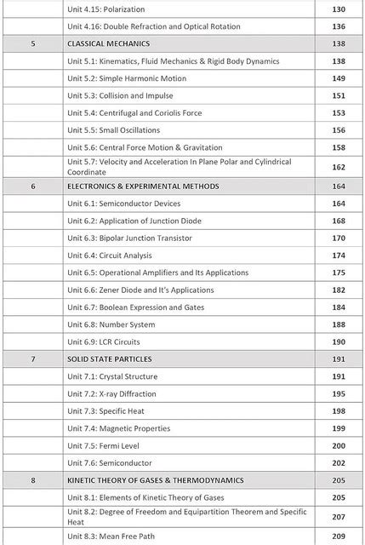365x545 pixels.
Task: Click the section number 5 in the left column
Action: coord(33,43)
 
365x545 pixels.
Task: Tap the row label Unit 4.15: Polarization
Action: coord(106,9)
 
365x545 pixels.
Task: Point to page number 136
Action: coord(339,26)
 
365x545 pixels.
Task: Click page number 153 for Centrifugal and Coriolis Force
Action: coord(339,113)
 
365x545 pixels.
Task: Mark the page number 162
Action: coord(339,167)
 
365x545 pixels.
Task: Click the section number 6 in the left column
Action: coord(33,186)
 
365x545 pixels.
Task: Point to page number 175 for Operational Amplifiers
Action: coord(339,272)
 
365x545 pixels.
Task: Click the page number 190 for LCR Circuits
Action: coord(339,341)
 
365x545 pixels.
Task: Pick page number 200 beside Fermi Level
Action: coord(339,445)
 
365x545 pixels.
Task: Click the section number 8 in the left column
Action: coord(33,480)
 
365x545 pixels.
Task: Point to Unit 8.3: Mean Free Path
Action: coord(111,536)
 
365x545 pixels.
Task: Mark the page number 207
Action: coord(339,517)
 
